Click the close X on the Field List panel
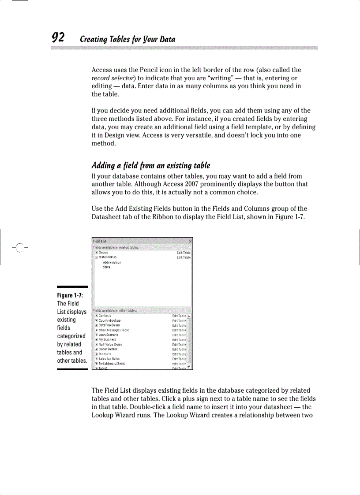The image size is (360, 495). [x=190, y=242]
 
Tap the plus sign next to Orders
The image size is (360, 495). [x=96, y=253]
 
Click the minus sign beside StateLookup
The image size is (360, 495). [x=96, y=257]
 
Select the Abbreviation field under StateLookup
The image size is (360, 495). [x=112, y=262]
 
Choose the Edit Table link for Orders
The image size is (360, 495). [x=184, y=253]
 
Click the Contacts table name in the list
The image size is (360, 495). [x=105, y=316]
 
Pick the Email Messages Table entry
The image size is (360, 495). [x=114, y=330]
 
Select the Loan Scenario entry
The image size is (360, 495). [x=109, y=335]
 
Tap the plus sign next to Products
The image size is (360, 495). [x=96, y=354]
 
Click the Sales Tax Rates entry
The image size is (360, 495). [x=109, y=359]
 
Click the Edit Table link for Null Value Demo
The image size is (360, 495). [x=179, y=345]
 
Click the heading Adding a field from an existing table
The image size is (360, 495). [x=150, y=166]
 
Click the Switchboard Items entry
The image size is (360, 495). [x=112, y=364]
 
